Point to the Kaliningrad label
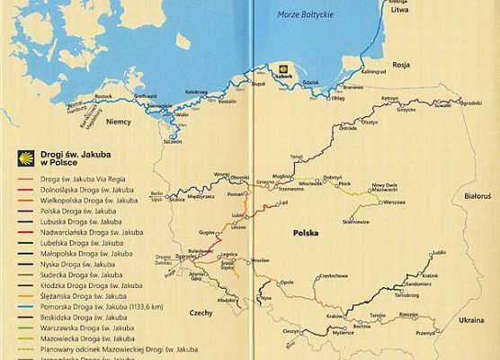tap(373, 70)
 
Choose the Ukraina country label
tap(470, 320)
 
